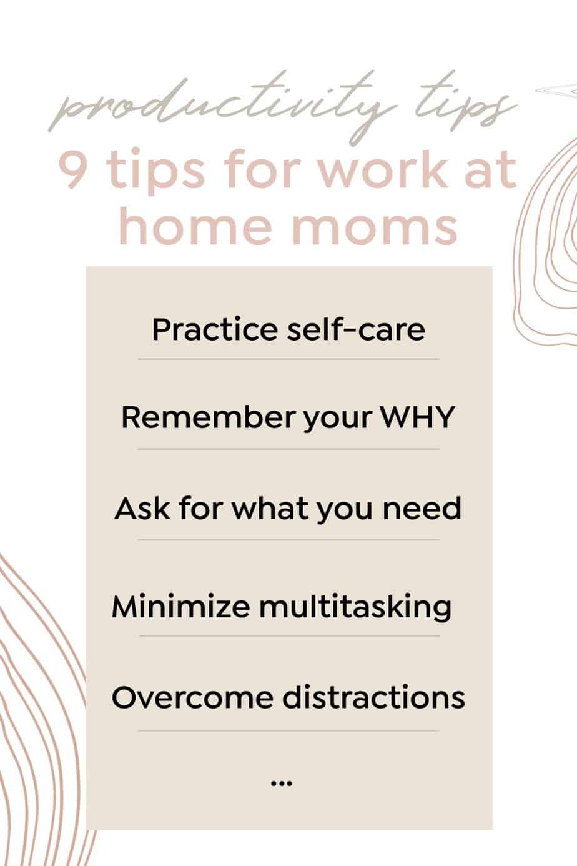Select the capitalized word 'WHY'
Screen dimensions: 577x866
point(417,417)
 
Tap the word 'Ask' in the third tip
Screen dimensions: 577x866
point(142,509)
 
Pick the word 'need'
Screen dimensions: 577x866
point(422,509)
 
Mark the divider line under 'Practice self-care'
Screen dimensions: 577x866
point(288,359)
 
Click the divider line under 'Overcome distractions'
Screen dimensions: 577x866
point(288,730)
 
